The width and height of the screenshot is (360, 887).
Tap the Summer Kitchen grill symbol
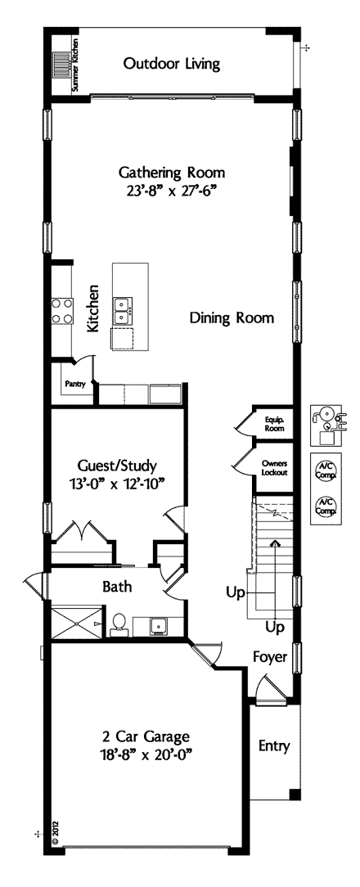pyautogui.click(x=61, y=65)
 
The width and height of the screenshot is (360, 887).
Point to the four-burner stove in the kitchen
pyautogui.click(x=62, y=310)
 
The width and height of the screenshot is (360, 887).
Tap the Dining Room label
pyautogui.click(x=232, y=317)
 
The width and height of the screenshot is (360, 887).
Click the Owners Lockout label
pyautogui.click(x=273, y=467)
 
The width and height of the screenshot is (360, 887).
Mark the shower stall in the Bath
pyautogui.click(x=75, y=621)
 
